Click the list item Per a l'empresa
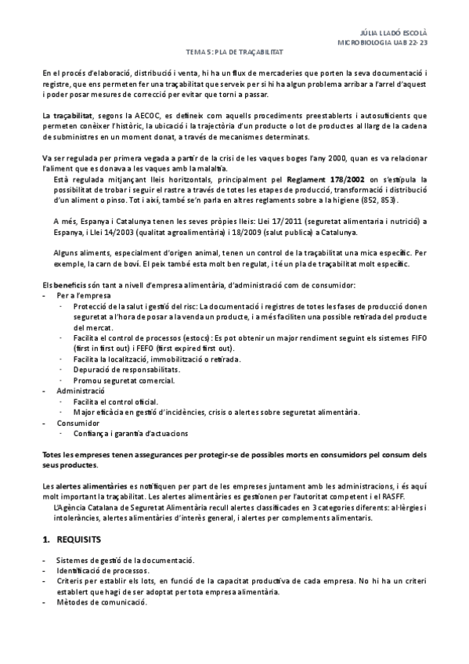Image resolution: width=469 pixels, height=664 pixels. coord(83,296)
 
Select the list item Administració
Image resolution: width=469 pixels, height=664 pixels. coord(80,389)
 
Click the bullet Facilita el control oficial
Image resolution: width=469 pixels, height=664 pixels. coord(116,400)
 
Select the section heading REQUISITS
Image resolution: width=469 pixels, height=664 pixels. coord(85,540)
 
